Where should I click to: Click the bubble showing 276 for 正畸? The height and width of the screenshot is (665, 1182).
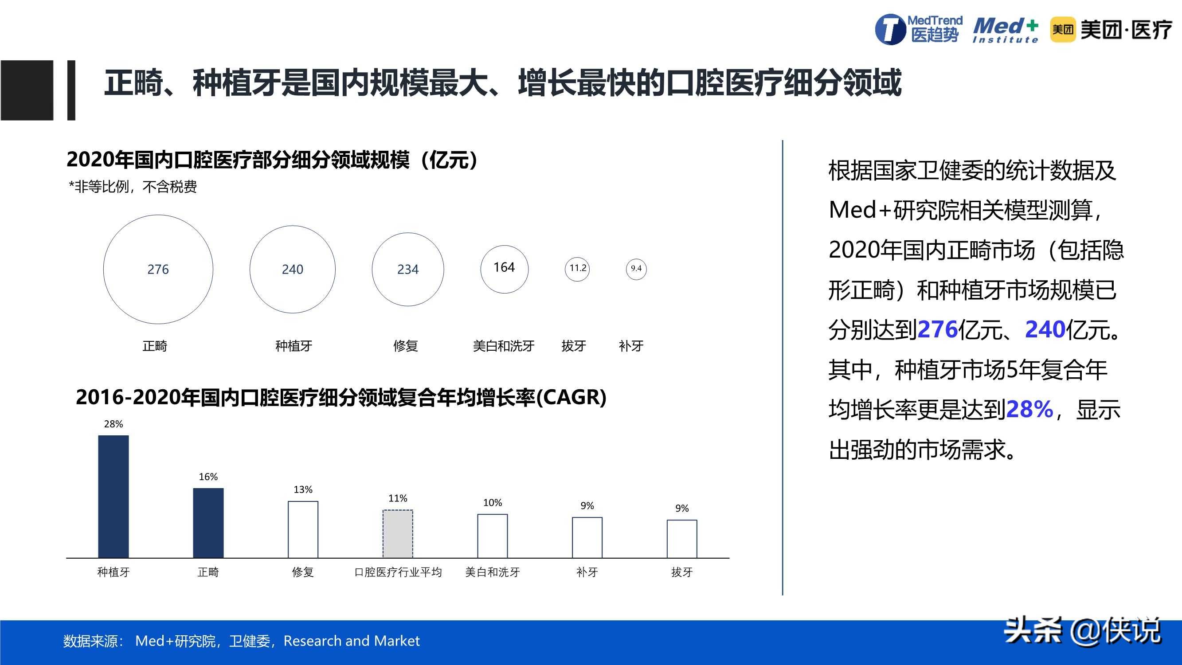click(158, 270)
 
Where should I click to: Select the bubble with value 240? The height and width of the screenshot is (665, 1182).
click(292, 270)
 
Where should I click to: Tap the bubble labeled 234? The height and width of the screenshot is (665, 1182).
click(407, 270)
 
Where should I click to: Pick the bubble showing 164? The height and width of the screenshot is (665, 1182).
click(504, 269)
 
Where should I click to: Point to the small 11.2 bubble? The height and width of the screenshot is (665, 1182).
click(577, 269)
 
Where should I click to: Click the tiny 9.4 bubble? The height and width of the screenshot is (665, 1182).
click(636, 269)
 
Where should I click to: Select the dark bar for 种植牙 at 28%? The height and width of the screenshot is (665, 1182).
click(114, 497)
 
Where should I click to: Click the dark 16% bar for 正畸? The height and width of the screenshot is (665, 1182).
click(208, 523)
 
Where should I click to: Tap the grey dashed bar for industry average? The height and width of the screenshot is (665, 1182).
click(398, 534)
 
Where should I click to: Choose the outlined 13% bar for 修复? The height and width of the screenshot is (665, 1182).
click(303, 529)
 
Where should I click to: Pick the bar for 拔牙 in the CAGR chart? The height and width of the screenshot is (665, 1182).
click(682, 539)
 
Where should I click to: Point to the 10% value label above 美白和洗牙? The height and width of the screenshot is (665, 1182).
click(492, 503)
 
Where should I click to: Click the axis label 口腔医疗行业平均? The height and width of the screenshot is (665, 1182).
click(398, 572)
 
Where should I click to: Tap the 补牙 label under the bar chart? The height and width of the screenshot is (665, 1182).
click(587, 572)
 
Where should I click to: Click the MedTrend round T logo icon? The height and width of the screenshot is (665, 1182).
click(890, 30)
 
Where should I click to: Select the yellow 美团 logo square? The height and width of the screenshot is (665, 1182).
click(1062, 30)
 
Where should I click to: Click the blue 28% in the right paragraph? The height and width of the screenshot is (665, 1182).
click(1029, 409)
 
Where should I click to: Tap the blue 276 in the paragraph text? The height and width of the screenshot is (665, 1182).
click(937, 329)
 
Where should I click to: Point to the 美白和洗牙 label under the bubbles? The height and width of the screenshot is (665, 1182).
click(503, 346)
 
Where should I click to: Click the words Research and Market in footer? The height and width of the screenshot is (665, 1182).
click(352, 641)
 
